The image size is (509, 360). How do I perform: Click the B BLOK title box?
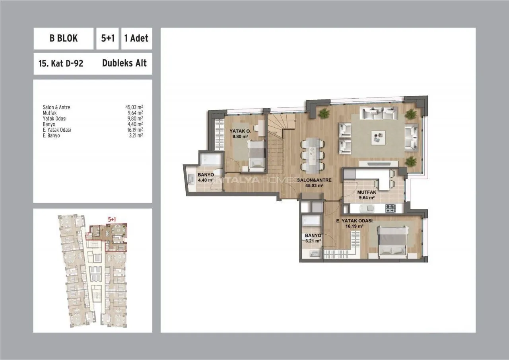coord(63,39)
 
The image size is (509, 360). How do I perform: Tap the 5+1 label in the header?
coord(107,39)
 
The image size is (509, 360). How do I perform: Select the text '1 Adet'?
coord(136,39)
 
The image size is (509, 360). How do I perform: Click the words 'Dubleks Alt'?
coord(124,63)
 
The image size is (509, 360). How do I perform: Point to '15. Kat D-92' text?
coord(61,63)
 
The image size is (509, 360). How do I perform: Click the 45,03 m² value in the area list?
coord(134,107)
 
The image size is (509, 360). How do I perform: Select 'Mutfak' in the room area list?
coord(50,113)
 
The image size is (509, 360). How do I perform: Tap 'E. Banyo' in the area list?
coord(51,136)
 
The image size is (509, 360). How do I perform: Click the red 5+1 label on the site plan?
coord(112,219)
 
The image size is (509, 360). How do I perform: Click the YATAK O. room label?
coord(240,131)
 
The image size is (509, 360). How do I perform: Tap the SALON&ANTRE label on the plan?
coord(314,180)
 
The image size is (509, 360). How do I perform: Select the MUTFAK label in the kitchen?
coord(367,192)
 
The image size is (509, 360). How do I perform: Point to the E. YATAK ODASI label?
coord(354,221)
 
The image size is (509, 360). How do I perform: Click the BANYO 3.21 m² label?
coord(313,238)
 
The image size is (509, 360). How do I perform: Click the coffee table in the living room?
coord(378,138)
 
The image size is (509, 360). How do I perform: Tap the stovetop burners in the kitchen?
coord(390,208)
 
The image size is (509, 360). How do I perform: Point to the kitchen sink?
coord(367,208)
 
